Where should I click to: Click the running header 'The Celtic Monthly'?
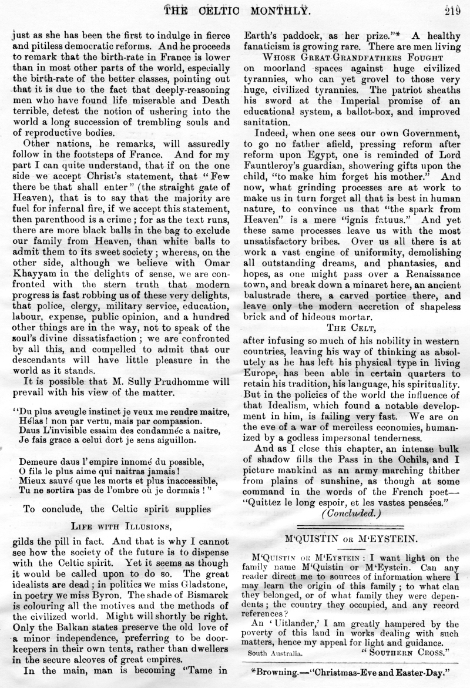239,9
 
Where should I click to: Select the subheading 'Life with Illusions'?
121,525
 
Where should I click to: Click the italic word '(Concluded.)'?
348,512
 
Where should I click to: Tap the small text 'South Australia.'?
275,653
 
